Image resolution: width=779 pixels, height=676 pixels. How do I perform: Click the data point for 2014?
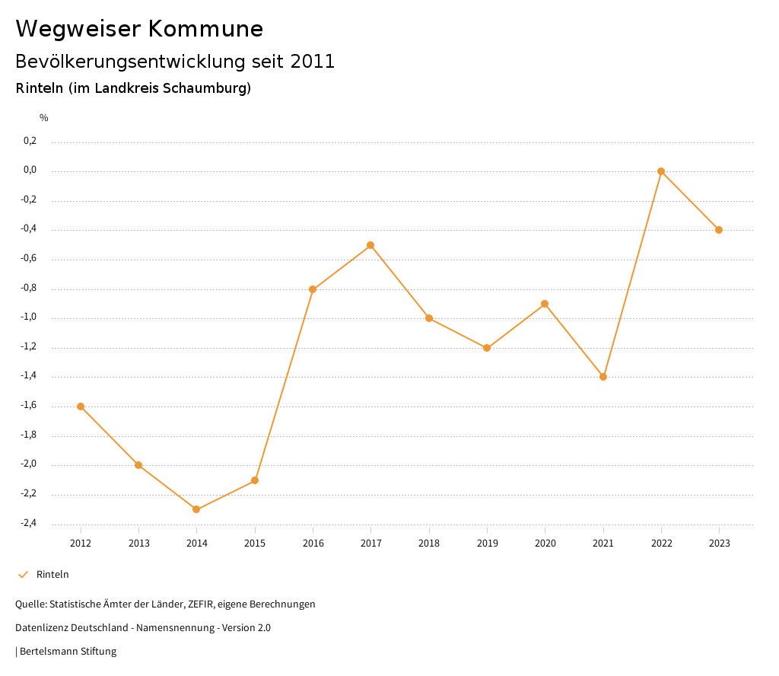(196, 509)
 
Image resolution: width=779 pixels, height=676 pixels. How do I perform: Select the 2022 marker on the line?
(661, 171)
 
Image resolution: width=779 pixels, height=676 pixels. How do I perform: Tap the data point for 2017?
(370, 245)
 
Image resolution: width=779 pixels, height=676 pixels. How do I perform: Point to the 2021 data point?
(603, 377)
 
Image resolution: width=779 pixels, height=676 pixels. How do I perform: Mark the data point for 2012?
(81, 407)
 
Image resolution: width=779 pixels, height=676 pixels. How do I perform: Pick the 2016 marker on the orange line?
(313, 289)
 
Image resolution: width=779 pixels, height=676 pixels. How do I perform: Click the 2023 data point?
(719, 230)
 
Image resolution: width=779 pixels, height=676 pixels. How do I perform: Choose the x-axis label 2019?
(487, 544)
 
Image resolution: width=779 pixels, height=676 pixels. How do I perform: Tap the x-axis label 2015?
(255, 544)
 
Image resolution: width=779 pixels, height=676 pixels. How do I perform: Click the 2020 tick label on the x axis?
(545, 544)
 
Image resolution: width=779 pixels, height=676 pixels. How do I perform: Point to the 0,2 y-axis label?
(30, 141)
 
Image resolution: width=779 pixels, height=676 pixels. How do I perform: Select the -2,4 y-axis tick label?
(29, 524)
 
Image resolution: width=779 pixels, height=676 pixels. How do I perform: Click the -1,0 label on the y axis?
(29, 317)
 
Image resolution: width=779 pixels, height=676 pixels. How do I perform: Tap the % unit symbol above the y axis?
(44, 118)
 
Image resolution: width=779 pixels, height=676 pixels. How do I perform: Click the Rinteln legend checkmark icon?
(23, 575)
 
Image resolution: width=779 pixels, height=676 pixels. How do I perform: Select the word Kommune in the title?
(205, 29)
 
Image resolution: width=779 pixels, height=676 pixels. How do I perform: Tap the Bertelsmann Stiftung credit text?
(68, 652)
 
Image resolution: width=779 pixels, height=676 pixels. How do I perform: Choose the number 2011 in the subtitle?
(313, 62)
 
